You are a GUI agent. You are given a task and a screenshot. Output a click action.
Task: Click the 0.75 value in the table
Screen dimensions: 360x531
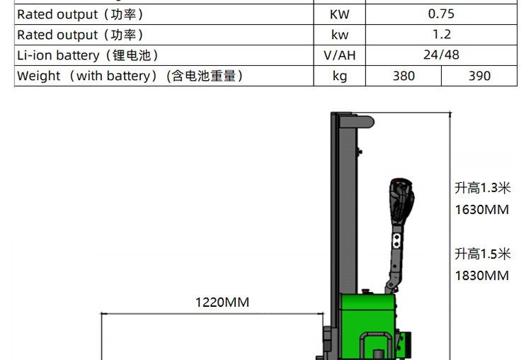(x=441, y=13)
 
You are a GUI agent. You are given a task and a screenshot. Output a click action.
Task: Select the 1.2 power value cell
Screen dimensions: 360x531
(x=441, y=34)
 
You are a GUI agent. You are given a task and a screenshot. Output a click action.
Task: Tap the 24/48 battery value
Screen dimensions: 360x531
(x=441, y=55)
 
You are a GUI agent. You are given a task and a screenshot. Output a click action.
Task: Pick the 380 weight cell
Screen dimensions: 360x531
(x=404, y=76)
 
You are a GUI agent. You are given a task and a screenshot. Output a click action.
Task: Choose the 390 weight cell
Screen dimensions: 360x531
(x=479, y=76)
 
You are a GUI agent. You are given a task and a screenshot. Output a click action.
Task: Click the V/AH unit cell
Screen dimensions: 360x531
(x=340, y=55)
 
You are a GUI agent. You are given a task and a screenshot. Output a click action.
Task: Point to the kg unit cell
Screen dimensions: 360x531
(x=340, y=76)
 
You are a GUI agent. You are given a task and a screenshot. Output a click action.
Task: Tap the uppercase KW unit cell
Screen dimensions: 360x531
(x=340, y=13)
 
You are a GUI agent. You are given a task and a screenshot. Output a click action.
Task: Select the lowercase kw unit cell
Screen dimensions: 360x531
(x=340, y=34)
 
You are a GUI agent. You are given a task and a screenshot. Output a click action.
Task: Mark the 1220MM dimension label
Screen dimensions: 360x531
(x=222, y=303)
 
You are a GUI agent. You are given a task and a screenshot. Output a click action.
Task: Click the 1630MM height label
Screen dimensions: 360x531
(x=481, y=210)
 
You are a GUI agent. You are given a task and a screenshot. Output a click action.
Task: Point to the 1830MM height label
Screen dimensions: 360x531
(x=481, y=276)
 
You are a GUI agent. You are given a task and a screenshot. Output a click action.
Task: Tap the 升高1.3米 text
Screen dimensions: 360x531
(x=482, y=188)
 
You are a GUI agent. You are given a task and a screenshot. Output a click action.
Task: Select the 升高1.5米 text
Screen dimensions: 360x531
(x=482, y=254)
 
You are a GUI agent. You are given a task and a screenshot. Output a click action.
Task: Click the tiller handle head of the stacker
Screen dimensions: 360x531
(x=401, y=201)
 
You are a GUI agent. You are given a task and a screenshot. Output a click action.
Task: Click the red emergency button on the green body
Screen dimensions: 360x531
(x=366, y=291)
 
